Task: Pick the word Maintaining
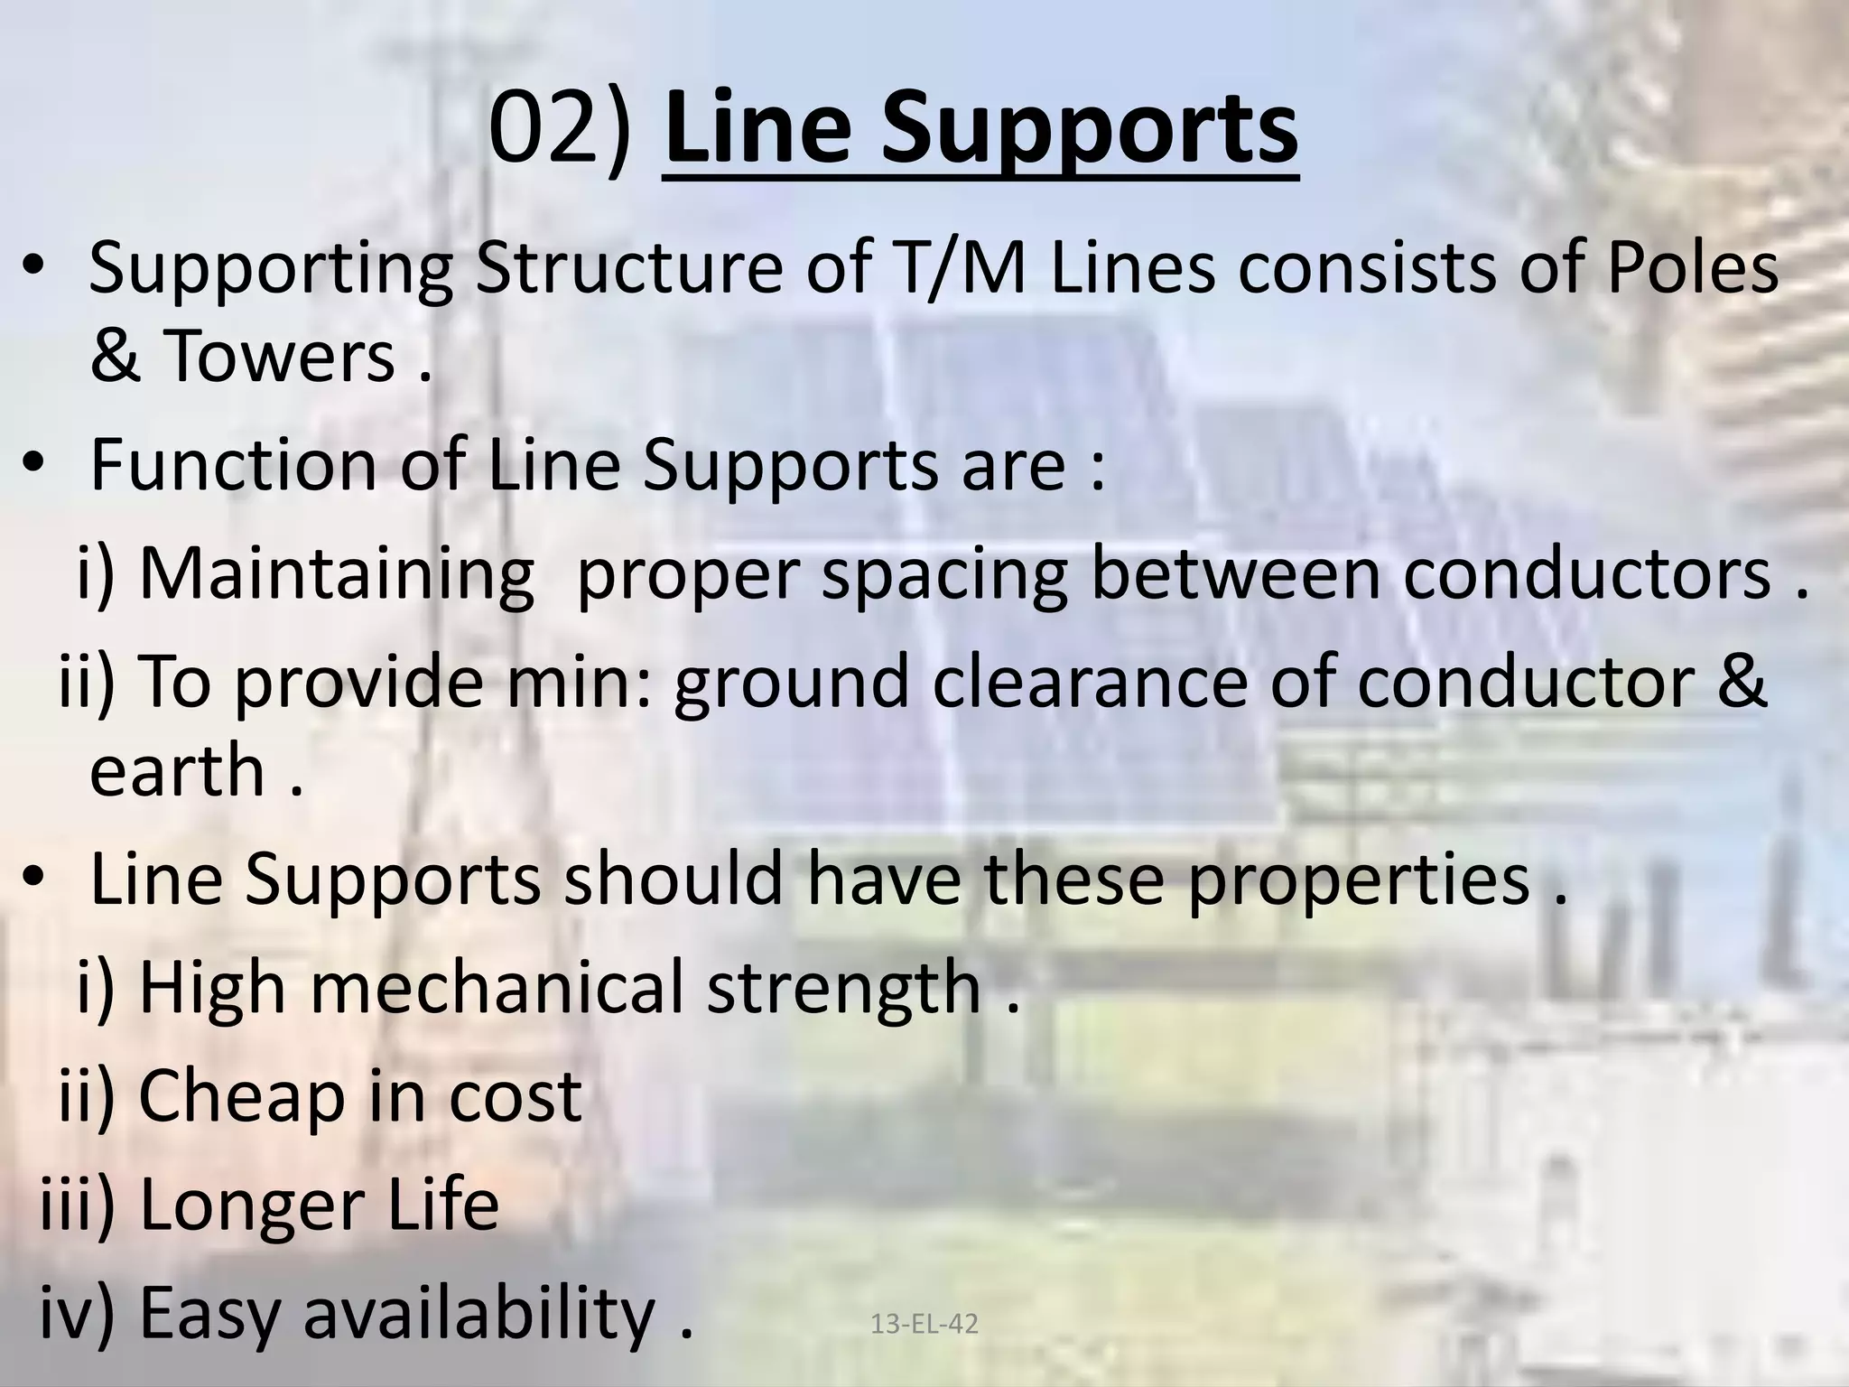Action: coord(336,575)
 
